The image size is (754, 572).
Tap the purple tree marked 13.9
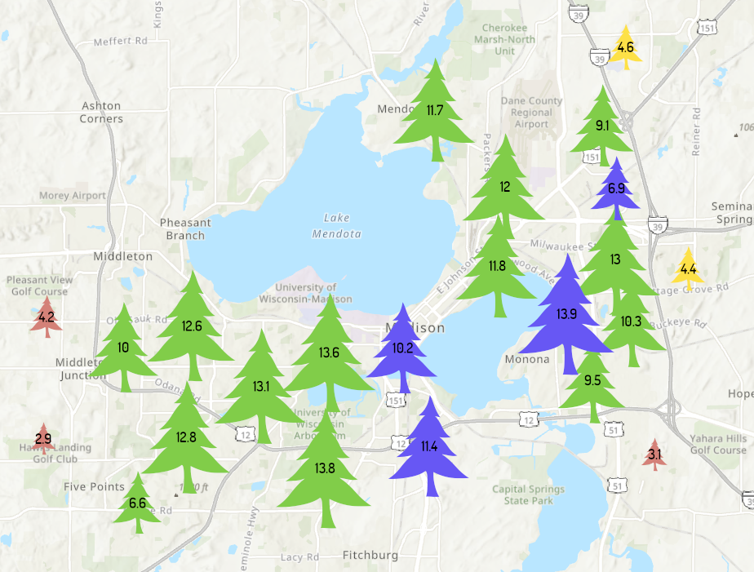(x=566, y=314)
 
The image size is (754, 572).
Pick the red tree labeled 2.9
(x=43, y=439)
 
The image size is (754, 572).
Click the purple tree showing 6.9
(x=616, y=188)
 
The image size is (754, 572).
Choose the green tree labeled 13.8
(x=325, y=468)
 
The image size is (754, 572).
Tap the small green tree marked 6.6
(x=137, y=503)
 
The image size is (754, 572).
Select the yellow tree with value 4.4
(x=688, y=268)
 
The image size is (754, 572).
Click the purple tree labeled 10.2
(x=402, y=348)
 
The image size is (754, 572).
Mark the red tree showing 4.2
(x=46, y=317)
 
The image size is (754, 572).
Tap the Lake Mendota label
(x=336, y=226)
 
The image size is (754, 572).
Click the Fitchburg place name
(x=370, y=555)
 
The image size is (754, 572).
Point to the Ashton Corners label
(x=101, y=113)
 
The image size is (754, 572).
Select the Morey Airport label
(x=73, y=196)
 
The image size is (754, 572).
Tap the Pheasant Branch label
(x=185, y=229)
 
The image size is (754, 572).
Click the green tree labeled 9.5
(x=592, y=380)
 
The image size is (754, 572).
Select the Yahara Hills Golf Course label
(x=718, y=444)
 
